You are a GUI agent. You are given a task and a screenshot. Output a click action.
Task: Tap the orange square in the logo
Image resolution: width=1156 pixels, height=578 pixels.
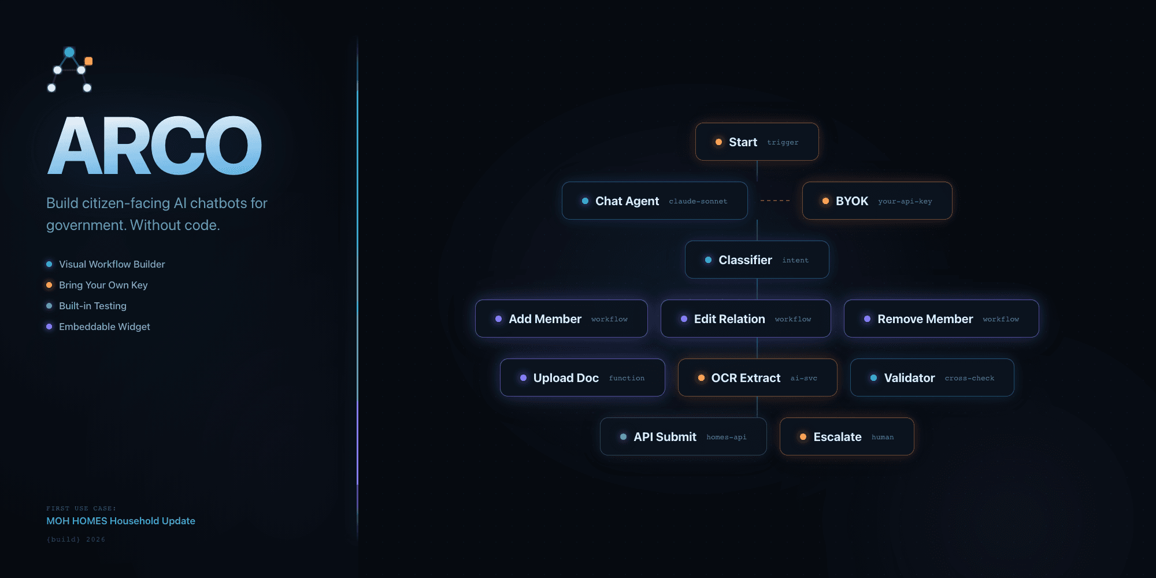[x=88, y=61]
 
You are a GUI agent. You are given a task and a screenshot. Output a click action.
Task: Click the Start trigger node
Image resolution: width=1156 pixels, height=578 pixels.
[x=757, y=142]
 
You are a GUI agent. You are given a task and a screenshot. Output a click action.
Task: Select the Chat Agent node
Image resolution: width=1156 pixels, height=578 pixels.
[x=654, y=201]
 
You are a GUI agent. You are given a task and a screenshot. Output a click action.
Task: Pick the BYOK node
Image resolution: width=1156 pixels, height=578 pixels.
[x=877, y=201]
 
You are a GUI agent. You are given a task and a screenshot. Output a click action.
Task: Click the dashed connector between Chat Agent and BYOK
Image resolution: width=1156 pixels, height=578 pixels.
[x=775, y=201]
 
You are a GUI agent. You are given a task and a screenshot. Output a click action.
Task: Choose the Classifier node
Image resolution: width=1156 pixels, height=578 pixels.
[x=757, y=260]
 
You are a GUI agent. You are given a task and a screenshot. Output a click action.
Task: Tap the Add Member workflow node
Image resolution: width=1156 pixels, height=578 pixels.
[x=561, y=318]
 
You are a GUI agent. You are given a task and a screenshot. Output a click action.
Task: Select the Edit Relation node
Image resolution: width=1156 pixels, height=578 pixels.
[x=746, y=318]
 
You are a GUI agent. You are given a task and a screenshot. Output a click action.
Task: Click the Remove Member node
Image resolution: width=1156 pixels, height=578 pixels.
[x=941, y=318]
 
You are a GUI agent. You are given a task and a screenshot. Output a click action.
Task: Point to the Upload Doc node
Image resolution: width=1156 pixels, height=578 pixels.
[x=582, y=377]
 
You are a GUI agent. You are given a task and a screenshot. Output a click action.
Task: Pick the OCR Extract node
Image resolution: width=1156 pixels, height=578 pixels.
[x=757, y=377]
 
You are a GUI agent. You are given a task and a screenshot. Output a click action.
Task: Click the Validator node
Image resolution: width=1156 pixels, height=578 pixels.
[x=932, y=377]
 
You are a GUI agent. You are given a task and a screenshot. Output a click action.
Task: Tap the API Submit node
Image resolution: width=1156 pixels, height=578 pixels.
[x=683, y=436]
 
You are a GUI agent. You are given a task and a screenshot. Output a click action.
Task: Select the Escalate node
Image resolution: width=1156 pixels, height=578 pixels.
[x=847, y=436]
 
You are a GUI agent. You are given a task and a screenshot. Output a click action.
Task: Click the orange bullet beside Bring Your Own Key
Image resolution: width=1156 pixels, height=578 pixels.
[x=49, y=285]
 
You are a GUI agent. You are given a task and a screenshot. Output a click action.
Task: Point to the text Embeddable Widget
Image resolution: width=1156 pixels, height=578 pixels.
[x=105, y=327]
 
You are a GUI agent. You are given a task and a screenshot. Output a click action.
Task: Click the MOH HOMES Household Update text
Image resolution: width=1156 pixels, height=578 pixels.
[x=121, y=521]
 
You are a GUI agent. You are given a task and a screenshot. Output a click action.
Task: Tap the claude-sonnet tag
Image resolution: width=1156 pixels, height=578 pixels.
[x=698, y=201]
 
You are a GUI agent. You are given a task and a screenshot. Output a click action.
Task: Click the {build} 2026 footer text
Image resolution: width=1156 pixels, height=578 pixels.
[x=76, y=539]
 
